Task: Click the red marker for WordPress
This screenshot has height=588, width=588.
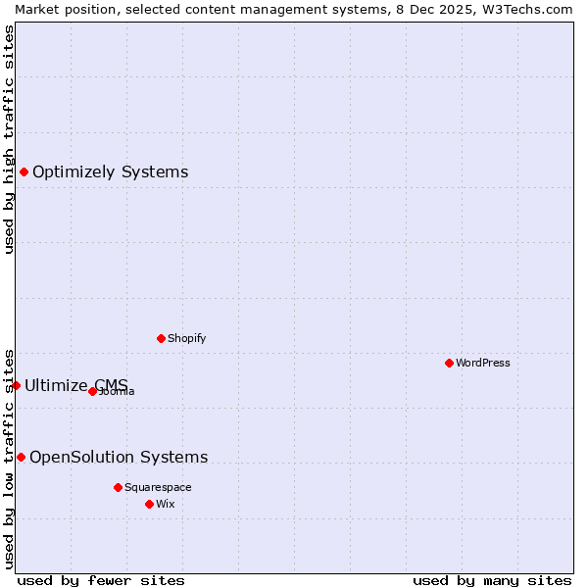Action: click(x=449, y=363)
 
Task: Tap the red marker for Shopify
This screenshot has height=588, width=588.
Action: click(x=161, y=338)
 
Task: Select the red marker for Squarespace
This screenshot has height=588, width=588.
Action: click(x=118, y=487)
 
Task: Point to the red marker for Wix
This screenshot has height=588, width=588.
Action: click(x=149, y=504)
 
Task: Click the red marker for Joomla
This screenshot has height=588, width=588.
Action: click(x=93, y=391)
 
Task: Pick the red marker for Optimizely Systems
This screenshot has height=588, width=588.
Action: click(x=24, y=172)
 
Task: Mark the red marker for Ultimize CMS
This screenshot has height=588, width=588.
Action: click(x=16, y=385)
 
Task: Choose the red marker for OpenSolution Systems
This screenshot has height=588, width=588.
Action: click(x=21, y=457)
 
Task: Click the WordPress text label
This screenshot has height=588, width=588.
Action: click(x=483, y=363)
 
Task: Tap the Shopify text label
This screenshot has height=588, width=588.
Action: click(x=186, y=338)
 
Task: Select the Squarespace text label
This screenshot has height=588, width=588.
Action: click(x=158, y=487)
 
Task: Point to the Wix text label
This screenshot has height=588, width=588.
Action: click(x=165, y=504)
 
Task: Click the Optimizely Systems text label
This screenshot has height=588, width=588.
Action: click(x=110, y=172)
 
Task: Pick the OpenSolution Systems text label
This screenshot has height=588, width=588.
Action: click(x=119, y=457)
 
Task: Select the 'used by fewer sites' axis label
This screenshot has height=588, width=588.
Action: click(x=101, y=580)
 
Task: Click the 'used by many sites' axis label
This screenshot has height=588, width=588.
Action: click(x=492, y=580)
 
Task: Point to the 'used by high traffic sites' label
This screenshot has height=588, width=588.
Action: click(x=9, y=139)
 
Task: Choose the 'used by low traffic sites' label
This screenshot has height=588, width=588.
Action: click(x=9, y=459)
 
